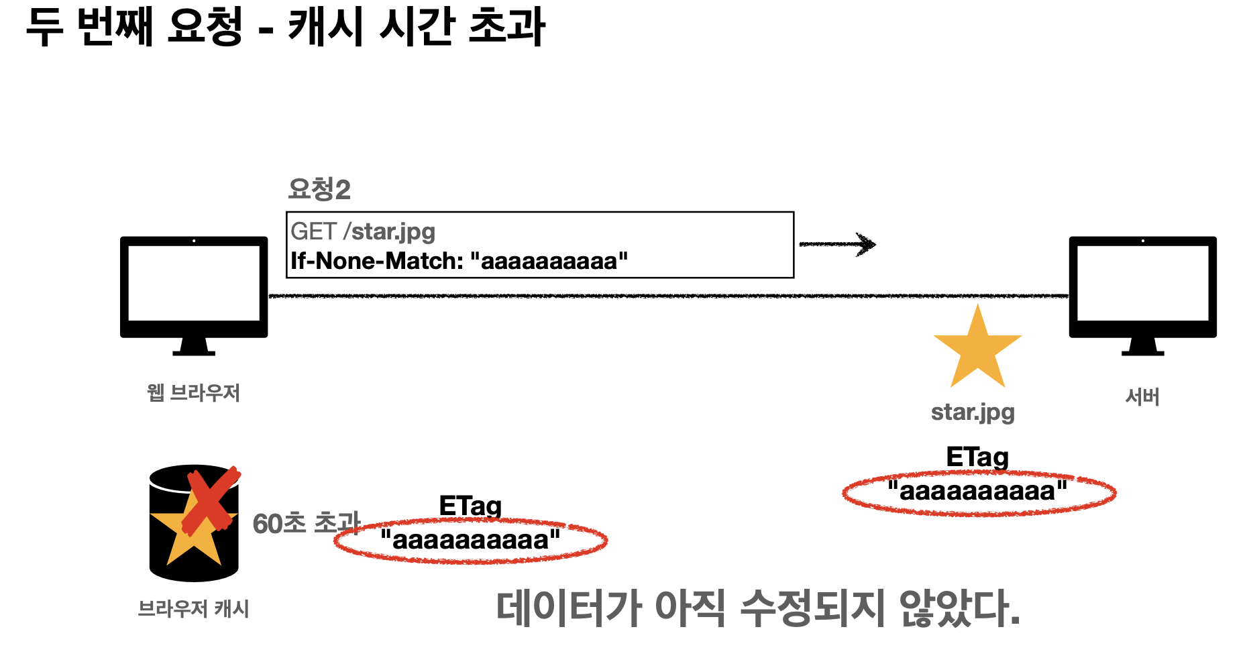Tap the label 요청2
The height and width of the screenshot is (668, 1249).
(319, 189)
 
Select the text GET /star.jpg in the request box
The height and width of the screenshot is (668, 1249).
(363, 231)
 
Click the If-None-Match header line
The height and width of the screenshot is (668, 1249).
(459, 261)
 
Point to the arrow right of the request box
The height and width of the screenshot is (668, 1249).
(838, 244)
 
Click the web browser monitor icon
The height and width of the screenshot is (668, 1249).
(194, 288)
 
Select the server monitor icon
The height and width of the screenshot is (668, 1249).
(1142, 288)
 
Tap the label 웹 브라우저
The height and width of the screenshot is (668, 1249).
(193, 393)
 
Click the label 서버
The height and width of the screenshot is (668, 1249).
(1142, 397)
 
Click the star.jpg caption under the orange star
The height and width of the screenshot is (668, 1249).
(973, 412)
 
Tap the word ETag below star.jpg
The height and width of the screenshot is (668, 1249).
(977, 457)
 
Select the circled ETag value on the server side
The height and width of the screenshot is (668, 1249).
(978, 492)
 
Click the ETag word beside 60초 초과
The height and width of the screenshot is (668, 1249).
(470, 506)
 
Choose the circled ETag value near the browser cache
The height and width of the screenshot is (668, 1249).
(470, 540)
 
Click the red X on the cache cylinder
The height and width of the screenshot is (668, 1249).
(211, 500)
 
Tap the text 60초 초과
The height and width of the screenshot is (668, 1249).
(306, 524)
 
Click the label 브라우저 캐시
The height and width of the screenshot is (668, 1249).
(193, 609)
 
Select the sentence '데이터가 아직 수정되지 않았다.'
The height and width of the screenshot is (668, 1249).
(757, 608)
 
